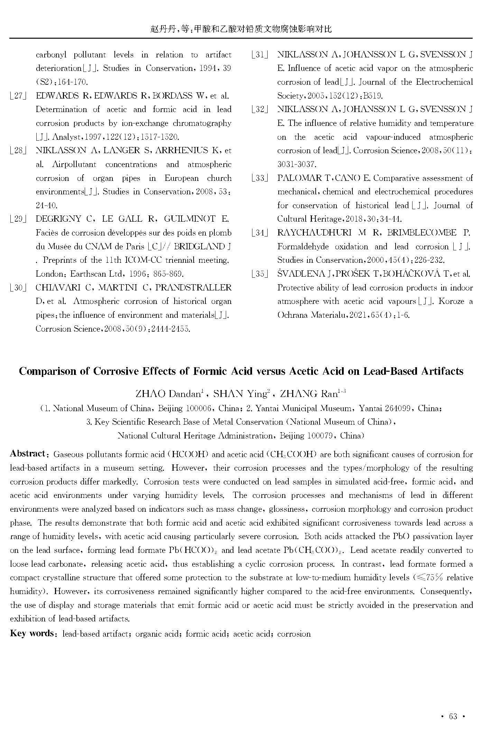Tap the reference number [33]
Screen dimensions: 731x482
coord(260,178)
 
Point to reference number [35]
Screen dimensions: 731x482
coord(260,274)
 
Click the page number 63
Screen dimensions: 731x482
coord(453,716)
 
